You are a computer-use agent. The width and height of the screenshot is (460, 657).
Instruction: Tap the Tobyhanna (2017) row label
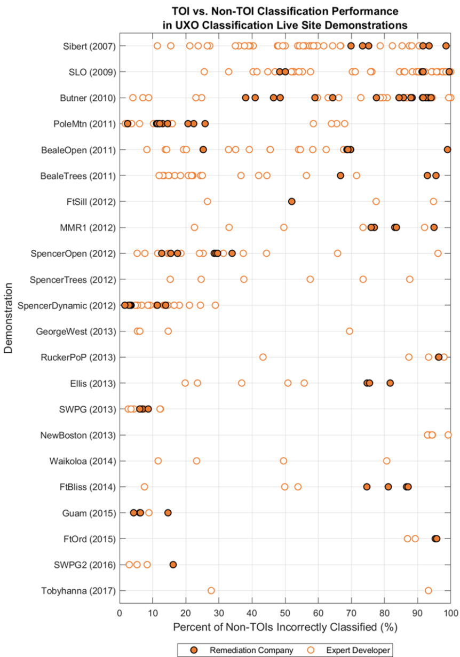pyautogui.click(x=78, y=591)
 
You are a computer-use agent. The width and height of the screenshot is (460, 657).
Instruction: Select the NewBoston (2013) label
pyautogui.click(x=78, y=435)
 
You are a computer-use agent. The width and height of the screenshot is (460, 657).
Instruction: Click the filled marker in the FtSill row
pyautogui.click(x=291, y=201)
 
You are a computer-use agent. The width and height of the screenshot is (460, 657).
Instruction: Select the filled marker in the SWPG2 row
pyautogui.click(x=173, y=564)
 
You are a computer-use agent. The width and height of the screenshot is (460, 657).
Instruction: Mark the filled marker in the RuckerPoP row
pyautogui.click(x=439, y=357)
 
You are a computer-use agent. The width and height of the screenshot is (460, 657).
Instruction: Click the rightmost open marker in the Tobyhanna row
pyautogui.click(x=428, y=590)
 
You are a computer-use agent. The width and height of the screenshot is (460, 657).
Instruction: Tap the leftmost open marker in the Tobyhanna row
pyautogui.click(x=211, y=590)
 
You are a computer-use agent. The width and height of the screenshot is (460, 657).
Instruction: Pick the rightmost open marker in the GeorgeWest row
pyautogui.click(x=350, y=331)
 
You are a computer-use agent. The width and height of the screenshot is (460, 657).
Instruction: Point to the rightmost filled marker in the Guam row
pyautogui.click(x=168, y=512)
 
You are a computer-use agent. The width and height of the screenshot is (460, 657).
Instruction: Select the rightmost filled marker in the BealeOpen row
pyautogui.click(x=447, y=149)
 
